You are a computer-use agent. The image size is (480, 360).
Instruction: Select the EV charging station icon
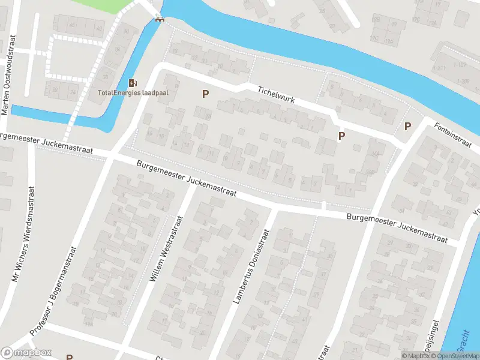click(x=132, y=83)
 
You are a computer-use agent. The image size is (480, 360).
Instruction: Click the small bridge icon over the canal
click(x=159, y=18)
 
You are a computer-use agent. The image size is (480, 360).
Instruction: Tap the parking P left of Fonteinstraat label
click(x=408, y=126)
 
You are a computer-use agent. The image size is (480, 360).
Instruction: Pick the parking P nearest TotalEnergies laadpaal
click(x=205, y=94)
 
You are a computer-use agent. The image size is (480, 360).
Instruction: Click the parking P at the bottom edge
click(x=69, y=357)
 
